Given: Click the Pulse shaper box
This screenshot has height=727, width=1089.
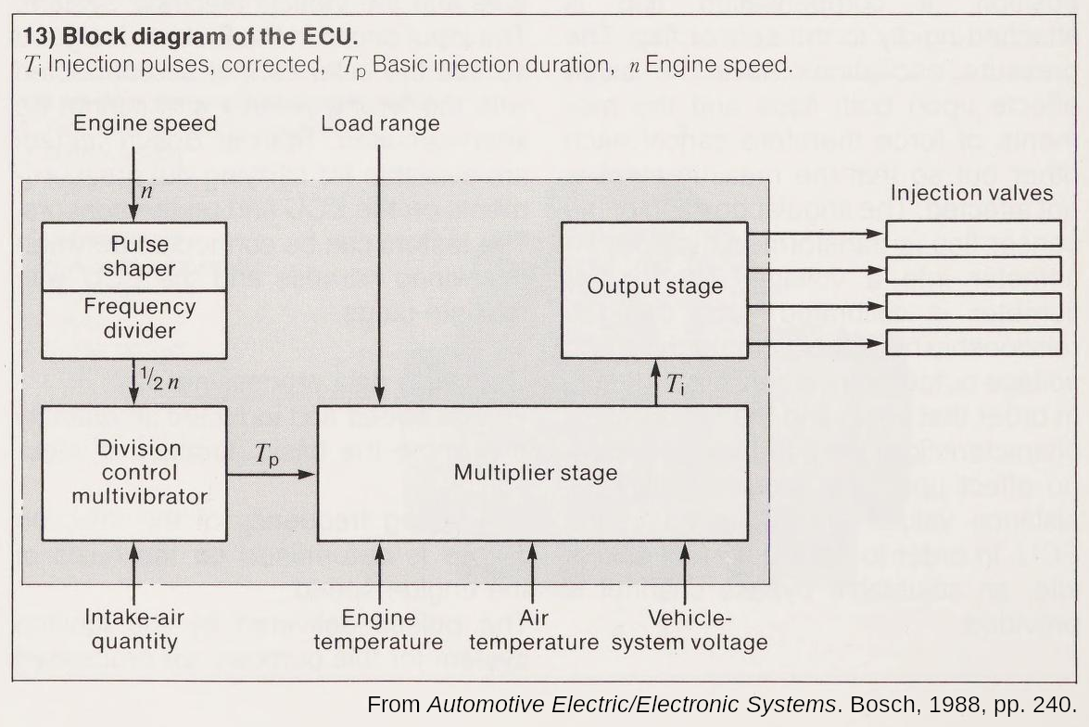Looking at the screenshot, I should pyautogui.click(x=134, y=256).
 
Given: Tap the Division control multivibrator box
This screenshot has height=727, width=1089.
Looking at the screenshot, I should pyautogui.click(x=134, y=472).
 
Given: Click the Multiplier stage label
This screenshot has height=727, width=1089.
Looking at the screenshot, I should pyautogui.click(x=535, y=473).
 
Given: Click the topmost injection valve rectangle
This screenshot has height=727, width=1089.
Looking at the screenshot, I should pyautogui.click(x=972, y=234).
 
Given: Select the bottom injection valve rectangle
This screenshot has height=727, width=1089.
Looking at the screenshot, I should pyautogui.click(x=972, y=342).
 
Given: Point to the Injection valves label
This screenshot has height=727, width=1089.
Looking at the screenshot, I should pyautogui.click(x=971, y=193).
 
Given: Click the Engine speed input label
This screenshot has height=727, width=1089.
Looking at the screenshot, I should pyautogui.click(x=145, y=123).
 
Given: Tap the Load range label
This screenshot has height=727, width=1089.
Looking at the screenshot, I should pyautogui.click(x=380, y=123).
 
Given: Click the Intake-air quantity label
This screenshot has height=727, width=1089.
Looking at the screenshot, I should pyautogui.click(x=131, y=629).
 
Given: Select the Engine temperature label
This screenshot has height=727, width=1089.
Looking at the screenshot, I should pyautogui.click(x=378, y=629).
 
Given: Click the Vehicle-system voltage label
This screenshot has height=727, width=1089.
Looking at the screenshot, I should pyautogui.click(x=689, y=629).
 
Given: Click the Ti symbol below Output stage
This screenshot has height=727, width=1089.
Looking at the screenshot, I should pyautogui.click(x=676, y=384).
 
